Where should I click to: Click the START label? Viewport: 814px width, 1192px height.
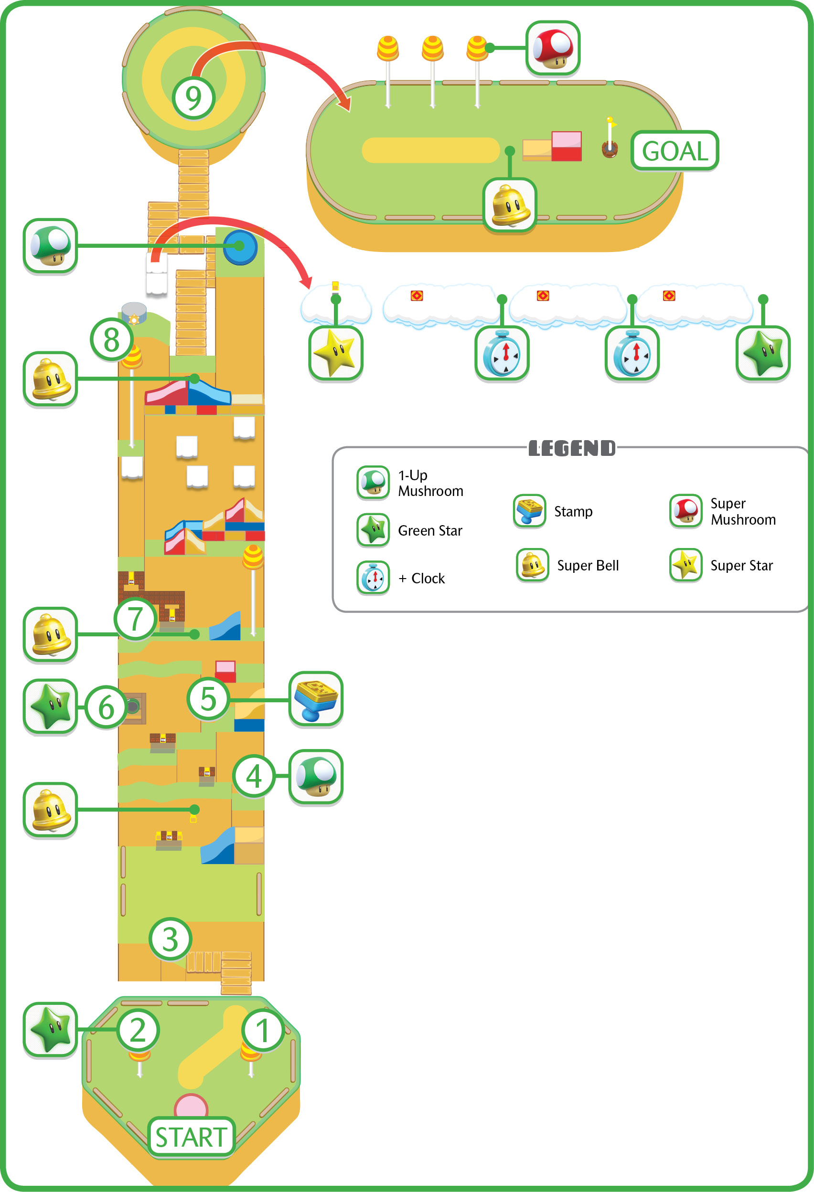pos(192,1137)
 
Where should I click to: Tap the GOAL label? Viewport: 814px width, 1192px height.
pos(675,151)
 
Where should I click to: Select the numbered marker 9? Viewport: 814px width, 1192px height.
pos(193,97)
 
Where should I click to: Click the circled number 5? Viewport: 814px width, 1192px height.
pos(208,698)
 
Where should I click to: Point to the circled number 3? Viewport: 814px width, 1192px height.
pos(171,939)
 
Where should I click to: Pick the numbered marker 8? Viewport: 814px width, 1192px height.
pos(111,339)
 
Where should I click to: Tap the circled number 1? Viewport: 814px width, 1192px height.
pos(263,1030)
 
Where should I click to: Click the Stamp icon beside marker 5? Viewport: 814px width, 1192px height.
pos(316,698)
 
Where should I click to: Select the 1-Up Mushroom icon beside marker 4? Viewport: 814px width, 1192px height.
pos(316,777)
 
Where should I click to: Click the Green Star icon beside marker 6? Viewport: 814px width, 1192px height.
pos(50,707)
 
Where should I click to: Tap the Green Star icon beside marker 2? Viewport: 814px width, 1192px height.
pos(50,1029)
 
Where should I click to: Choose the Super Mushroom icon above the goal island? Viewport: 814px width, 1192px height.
pos(553,48)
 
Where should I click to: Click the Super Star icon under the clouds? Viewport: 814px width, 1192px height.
pos(336,353)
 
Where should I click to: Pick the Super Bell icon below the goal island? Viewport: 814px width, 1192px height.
pos(510,205)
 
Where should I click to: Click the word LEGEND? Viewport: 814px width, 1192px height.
pos(572,448)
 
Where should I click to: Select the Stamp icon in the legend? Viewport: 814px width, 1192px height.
pos(529,511)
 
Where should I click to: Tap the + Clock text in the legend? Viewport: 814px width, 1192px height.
pos(421,578)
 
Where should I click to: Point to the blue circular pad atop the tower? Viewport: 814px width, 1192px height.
pos(240,247)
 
